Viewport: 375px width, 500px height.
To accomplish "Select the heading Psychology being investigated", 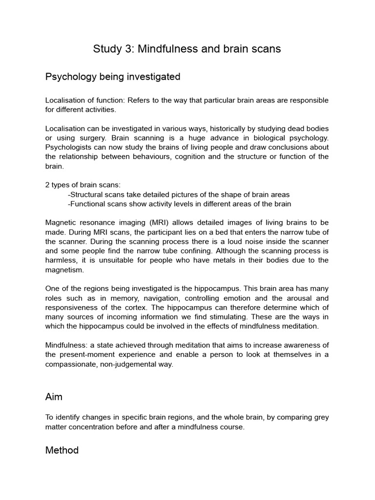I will point(113,77).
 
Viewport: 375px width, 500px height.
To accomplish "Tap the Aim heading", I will point(54,397).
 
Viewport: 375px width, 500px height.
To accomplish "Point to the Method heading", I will point(62,450).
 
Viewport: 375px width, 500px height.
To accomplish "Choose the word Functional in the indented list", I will point(88,204).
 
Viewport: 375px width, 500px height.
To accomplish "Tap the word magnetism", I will point(64,270).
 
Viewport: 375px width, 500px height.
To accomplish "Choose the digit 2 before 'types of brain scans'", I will point(47,185).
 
